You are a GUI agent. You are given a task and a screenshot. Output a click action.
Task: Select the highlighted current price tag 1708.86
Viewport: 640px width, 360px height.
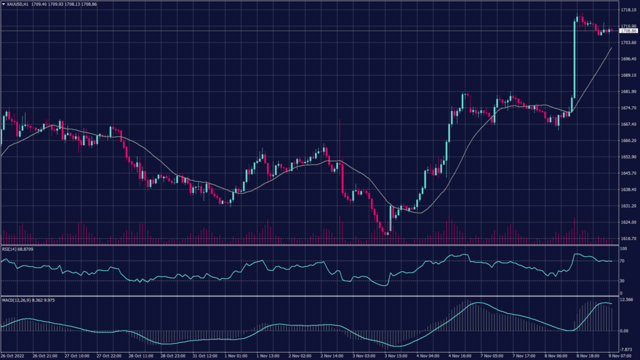pyautogui.click(x=627, y=31)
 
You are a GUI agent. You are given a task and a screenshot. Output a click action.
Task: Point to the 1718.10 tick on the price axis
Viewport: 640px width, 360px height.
pyautogui.click(x=628, y=10)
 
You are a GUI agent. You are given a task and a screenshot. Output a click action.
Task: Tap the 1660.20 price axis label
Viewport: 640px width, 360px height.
pyautogui.click(x=628, y=141)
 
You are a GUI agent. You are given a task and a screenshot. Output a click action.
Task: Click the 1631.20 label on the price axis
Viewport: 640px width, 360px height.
pyautogui.click(x=628, y=206)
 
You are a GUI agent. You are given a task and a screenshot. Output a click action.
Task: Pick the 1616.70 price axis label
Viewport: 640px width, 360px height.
pyautogui.click(x=628, y=238)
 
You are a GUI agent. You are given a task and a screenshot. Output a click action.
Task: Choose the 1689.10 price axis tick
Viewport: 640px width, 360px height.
pyautogui.click(x=628, y=76)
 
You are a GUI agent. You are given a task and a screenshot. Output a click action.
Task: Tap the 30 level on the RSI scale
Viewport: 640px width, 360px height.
pyautogui.click(x=622, y=281)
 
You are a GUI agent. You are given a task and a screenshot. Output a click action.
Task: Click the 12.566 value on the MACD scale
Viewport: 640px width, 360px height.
pyautogui.click(x=626, y=299)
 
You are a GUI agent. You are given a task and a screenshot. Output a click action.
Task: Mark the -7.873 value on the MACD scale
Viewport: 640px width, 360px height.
pyautogui.click(x=626, y=349)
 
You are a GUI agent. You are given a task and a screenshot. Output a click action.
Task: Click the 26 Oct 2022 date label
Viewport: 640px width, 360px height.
pyautogui.click(x=12, y=356)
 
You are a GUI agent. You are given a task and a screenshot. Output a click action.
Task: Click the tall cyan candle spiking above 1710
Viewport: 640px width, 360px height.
pyautogui.click(x=574, y=62)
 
